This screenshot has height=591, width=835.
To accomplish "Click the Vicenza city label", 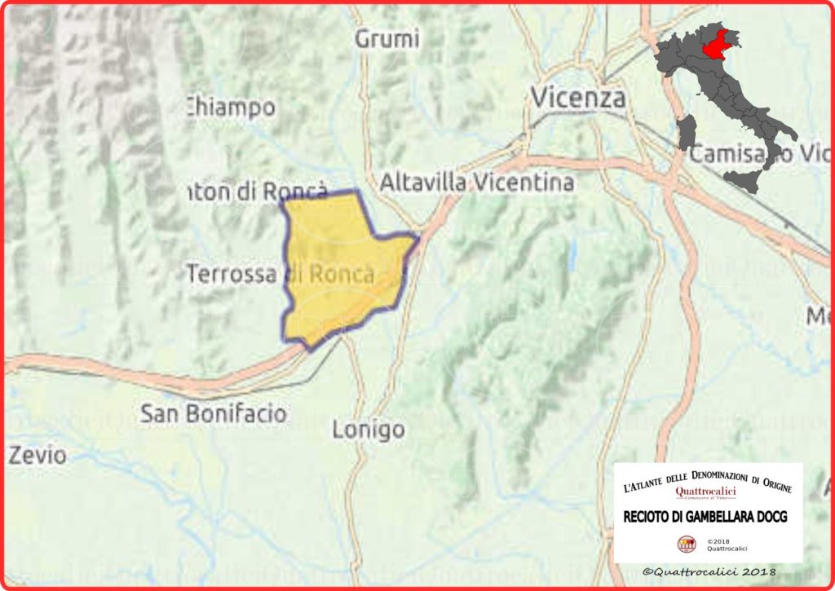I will tap(578, 98).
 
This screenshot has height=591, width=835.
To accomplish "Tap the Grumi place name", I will tap(388, 38).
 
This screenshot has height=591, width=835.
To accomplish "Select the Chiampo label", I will tap(232, 107).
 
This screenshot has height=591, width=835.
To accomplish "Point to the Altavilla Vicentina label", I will tap(477, 183).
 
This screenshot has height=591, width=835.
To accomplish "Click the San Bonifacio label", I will tap(214, 413).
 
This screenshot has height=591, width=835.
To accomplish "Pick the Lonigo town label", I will tap(369, 429).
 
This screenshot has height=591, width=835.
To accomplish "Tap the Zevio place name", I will tap(38, 455).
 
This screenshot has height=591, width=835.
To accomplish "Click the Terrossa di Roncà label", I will tap(281, 274).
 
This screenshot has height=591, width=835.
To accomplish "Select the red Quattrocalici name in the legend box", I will tap(706, 492).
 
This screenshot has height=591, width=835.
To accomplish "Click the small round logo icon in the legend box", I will tap(687, 545).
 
